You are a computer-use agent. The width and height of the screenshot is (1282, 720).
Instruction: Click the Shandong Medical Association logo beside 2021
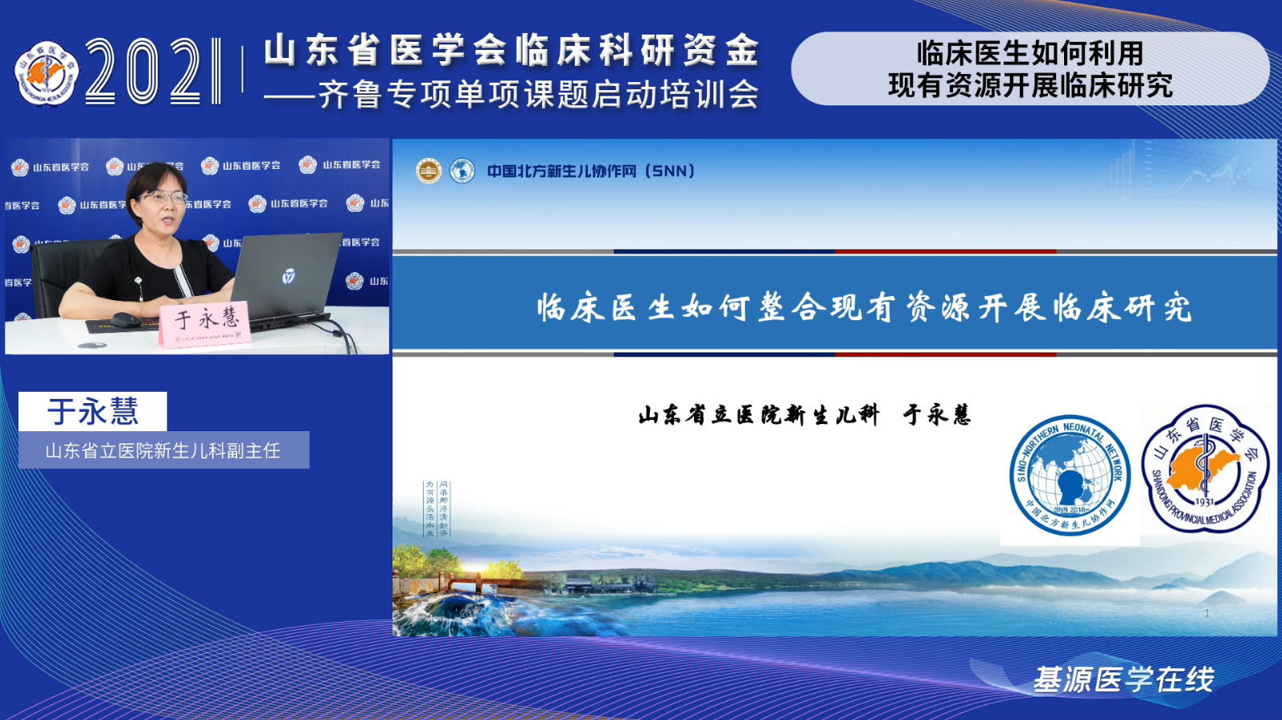coord(47,73)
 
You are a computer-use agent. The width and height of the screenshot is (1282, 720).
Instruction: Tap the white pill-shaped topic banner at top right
coord(1029,69)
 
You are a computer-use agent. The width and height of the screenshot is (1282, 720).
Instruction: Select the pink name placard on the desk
coord(206,324)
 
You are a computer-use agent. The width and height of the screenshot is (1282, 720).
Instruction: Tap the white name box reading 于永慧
coord(92,411)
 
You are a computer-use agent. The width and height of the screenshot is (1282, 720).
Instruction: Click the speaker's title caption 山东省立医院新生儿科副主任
coord(163,451)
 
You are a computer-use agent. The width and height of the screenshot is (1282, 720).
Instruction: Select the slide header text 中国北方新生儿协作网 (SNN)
coord(590,171)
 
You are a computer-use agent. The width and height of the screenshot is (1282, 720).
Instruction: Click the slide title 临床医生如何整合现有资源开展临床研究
coord(865,307)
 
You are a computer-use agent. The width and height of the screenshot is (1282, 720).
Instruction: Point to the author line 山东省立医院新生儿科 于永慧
coord(804,415)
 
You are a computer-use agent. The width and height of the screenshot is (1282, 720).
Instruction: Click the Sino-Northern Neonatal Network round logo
coord(1069,475)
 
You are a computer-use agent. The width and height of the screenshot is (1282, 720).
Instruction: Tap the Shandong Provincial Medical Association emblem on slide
coord(1204,468)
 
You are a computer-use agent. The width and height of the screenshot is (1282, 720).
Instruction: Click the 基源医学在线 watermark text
coord(1123,680)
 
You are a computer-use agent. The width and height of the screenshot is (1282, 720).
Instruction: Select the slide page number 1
coord(1206,613)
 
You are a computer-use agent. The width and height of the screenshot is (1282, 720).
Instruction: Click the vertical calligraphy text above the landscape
coord(437,508)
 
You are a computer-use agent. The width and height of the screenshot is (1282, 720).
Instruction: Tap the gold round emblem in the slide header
coord(429,171)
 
